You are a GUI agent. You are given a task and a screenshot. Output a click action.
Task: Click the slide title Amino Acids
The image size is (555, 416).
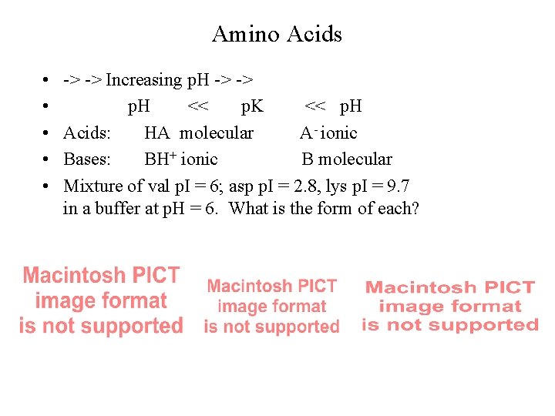click(277, 35)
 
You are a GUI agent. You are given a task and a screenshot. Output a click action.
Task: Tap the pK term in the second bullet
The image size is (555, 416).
click(252, 106)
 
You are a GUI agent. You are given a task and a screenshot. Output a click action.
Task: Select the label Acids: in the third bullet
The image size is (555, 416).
click(87, 133)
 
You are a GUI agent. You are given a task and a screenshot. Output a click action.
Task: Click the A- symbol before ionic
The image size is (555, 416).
click(308, 133)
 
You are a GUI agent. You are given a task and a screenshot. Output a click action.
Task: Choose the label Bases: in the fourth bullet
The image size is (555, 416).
click(88, 159)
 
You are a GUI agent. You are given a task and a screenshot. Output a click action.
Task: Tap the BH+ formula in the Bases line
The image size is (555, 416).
click(160, 159)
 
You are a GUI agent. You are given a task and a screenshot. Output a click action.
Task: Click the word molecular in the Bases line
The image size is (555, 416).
click(355, 159)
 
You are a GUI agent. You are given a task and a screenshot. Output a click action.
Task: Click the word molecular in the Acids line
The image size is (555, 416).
click(217, 133)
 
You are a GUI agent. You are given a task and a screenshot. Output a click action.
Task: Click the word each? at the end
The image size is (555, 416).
click(400, 208)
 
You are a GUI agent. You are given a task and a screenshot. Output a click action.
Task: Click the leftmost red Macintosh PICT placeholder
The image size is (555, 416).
click(101, 300)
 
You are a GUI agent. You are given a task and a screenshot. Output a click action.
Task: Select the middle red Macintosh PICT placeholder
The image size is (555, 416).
click(271, 306)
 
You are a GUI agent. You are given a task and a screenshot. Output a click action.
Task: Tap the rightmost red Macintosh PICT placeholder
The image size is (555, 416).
click(450, 306)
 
